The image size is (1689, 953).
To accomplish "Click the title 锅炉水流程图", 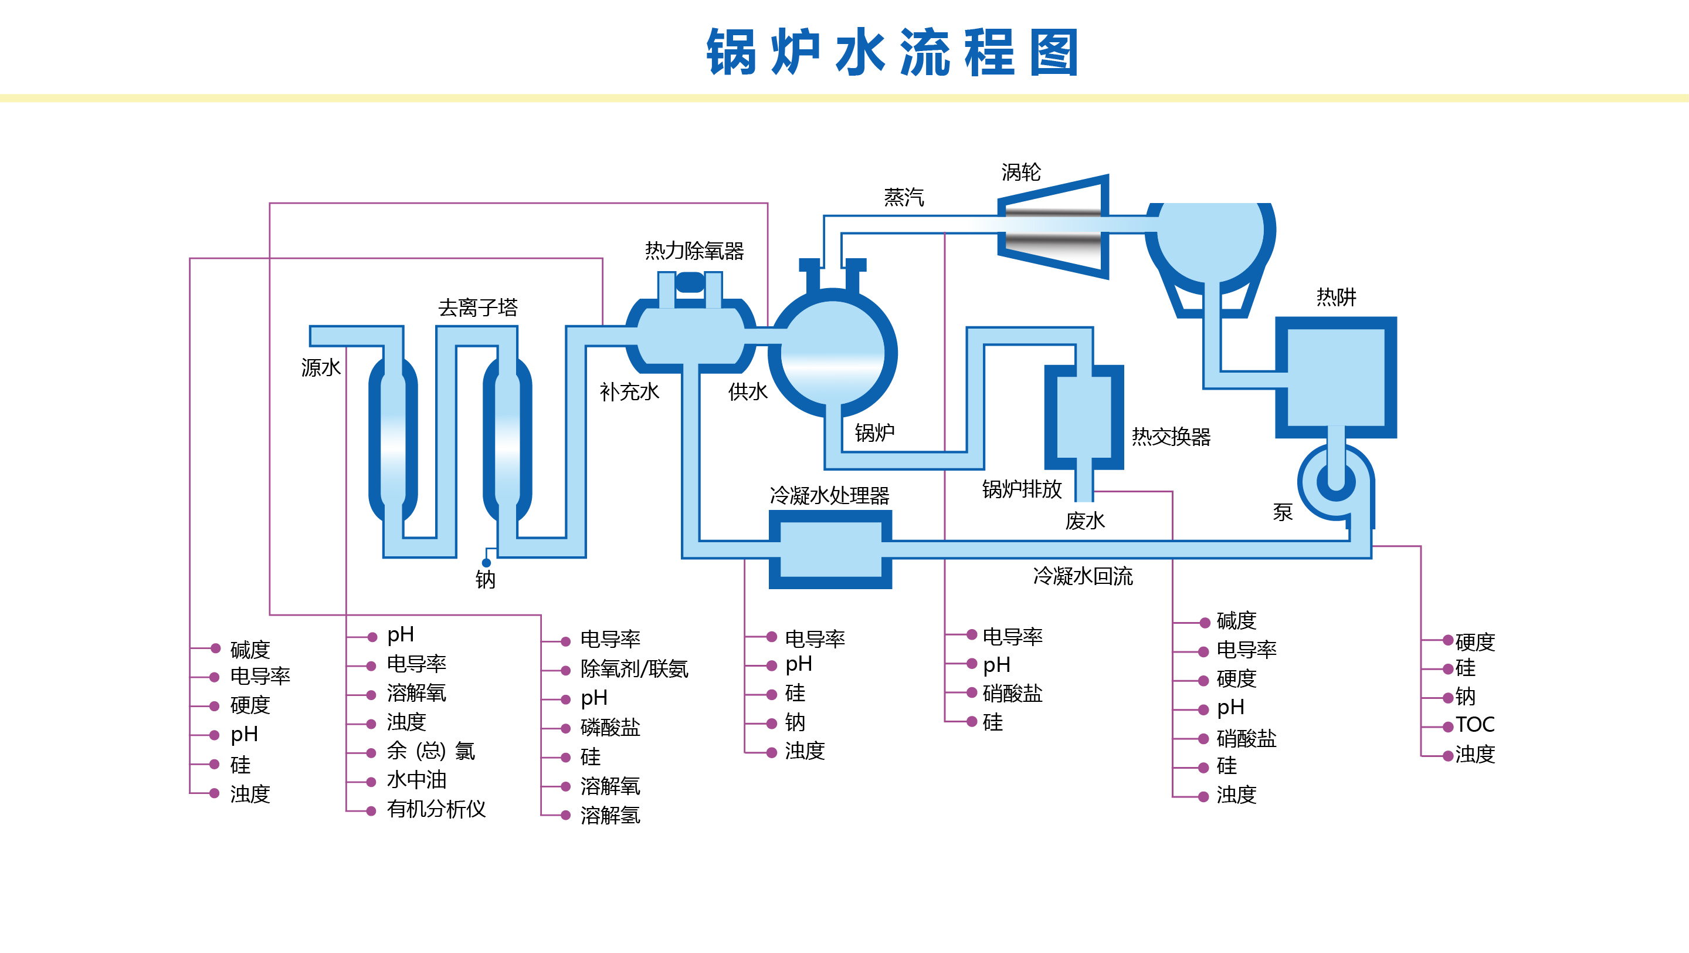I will [893, 52].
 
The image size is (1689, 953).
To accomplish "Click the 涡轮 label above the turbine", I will [1021, 173].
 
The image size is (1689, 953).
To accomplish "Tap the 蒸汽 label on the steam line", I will [904, 197].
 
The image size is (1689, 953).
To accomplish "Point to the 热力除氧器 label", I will [694, 251].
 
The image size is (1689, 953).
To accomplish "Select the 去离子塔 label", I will [478, 307].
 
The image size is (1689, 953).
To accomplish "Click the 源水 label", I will [321, 367].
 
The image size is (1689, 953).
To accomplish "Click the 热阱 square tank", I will [1335, 377].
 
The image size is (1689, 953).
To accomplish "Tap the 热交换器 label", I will [1171, 436].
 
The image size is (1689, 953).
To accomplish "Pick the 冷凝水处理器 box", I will [830, 549].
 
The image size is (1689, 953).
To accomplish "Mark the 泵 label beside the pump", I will [1283, 512].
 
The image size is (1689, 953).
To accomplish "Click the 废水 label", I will [1084, 521].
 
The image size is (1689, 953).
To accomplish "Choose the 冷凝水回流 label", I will [1083, 576].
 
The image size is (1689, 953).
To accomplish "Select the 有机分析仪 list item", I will [436, 809].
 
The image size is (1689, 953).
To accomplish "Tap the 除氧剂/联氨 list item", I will [634, 669].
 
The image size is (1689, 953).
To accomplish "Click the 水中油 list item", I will [416, 780].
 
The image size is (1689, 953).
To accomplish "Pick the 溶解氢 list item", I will [610, 815].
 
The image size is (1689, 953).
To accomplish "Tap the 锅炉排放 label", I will [1022, 489].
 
